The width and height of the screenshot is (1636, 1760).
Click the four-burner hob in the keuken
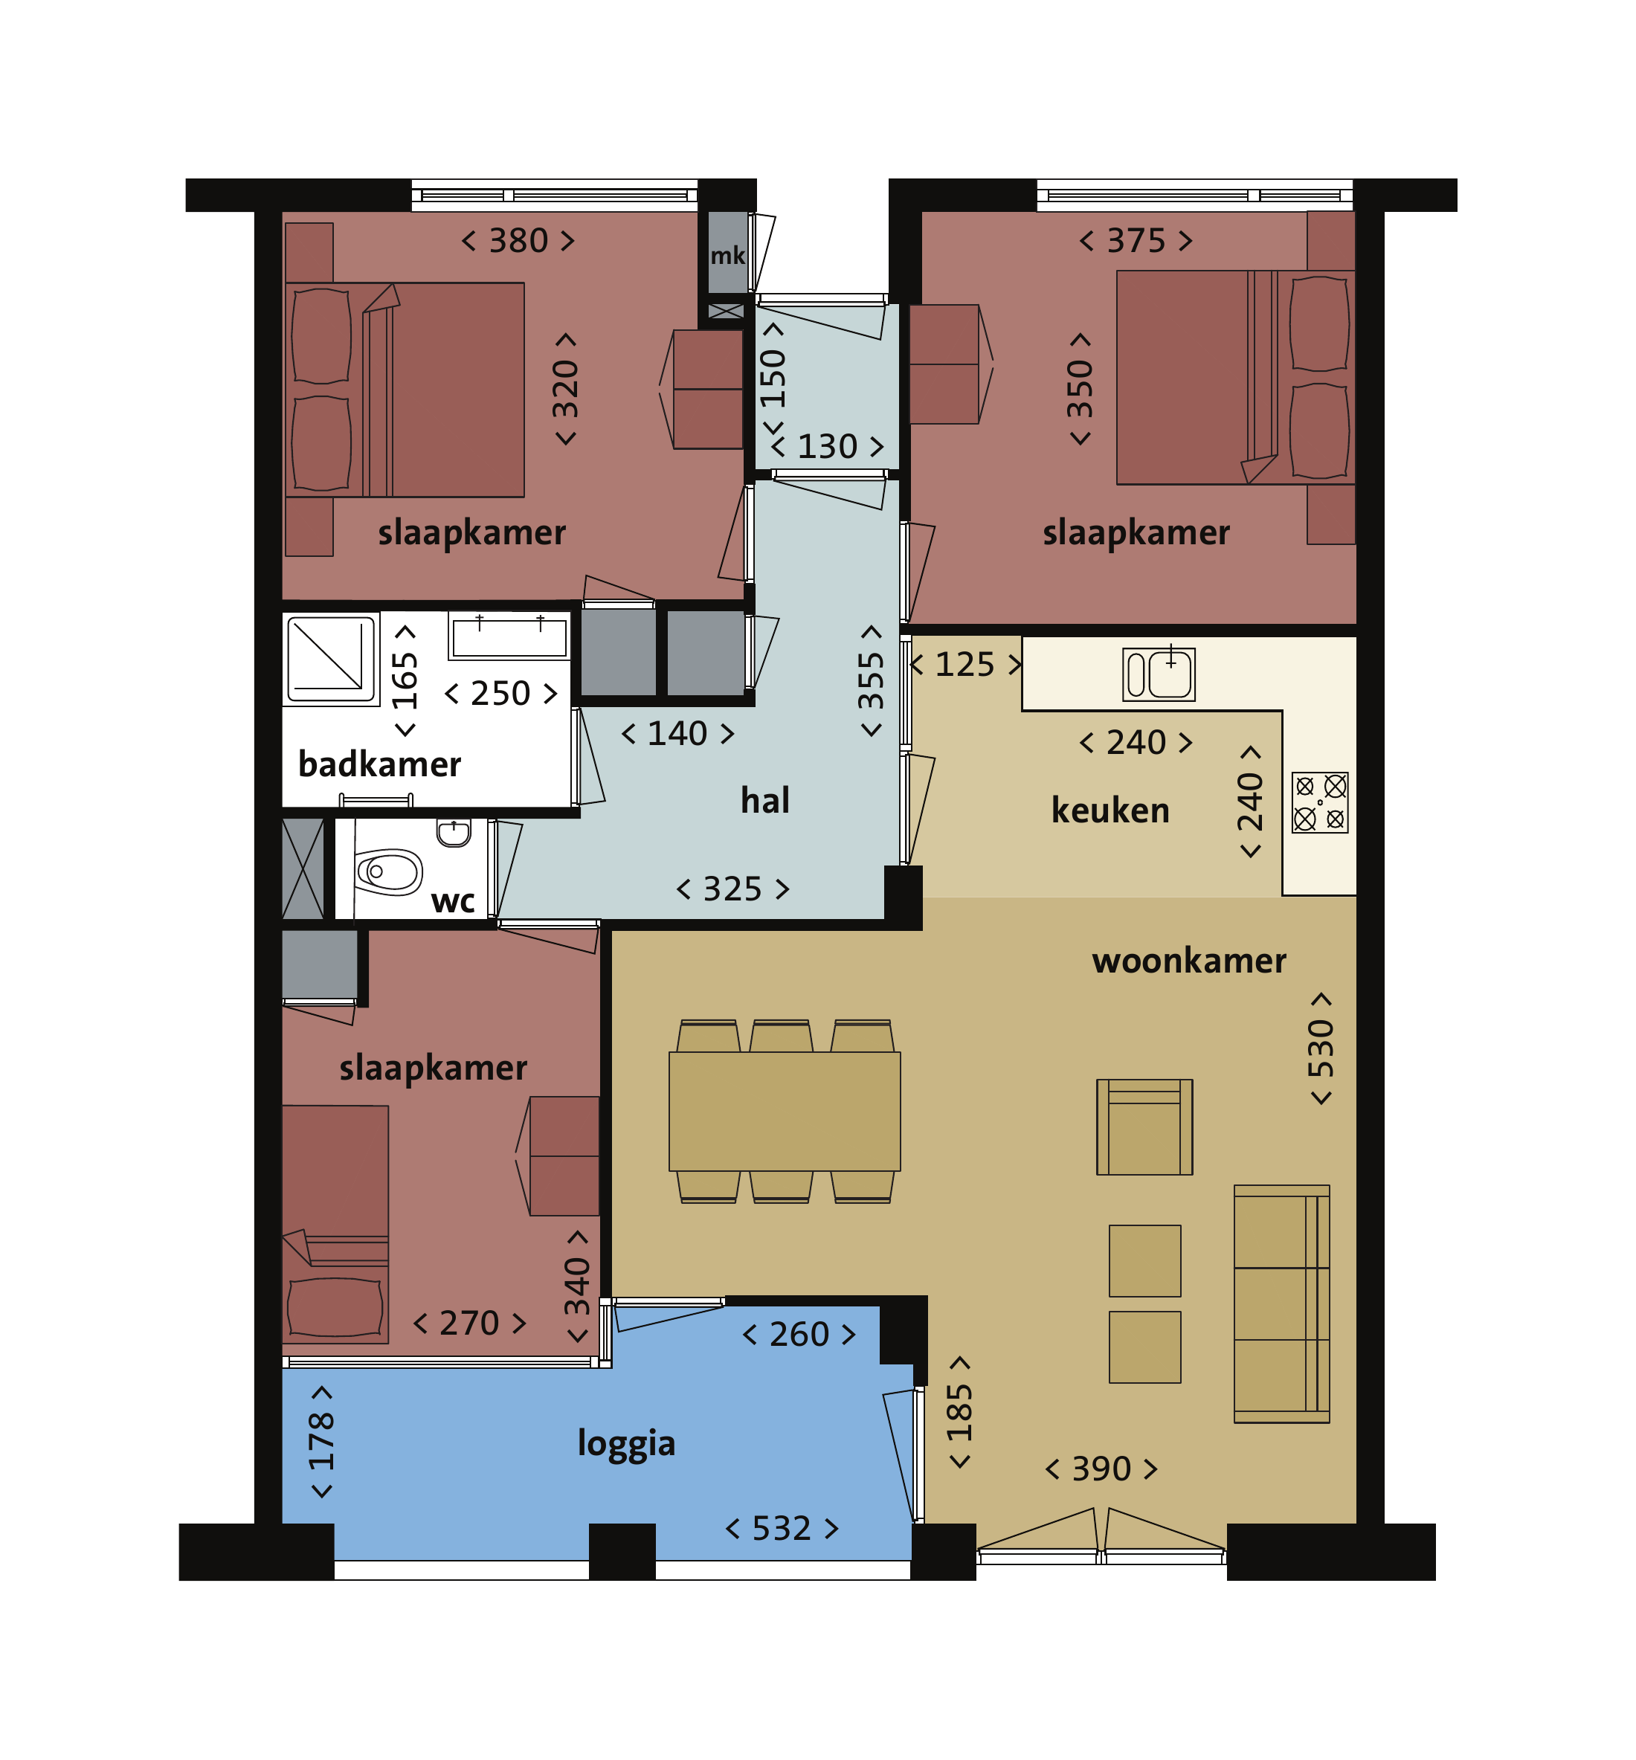tap(1319, 802)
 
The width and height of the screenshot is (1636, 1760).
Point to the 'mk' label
tap(728, 256)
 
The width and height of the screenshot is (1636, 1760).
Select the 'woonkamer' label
tap(1189, 961)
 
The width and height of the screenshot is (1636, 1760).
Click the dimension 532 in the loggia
tap(782, 1529)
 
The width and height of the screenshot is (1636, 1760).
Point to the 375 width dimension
tap(1136, 241)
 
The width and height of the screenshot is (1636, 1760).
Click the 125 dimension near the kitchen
tap(965, 664)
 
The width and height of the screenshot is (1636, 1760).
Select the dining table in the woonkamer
tap(785, 1111)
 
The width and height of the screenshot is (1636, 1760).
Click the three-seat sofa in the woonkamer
tap(1282, 1303)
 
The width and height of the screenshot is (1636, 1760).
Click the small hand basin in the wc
tap(454, 832)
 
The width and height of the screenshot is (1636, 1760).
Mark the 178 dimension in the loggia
tap(321, 1443)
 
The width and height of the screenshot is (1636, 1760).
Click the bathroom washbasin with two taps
tap(509, 636)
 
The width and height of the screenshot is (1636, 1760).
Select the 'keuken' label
tap(1110, 810)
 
